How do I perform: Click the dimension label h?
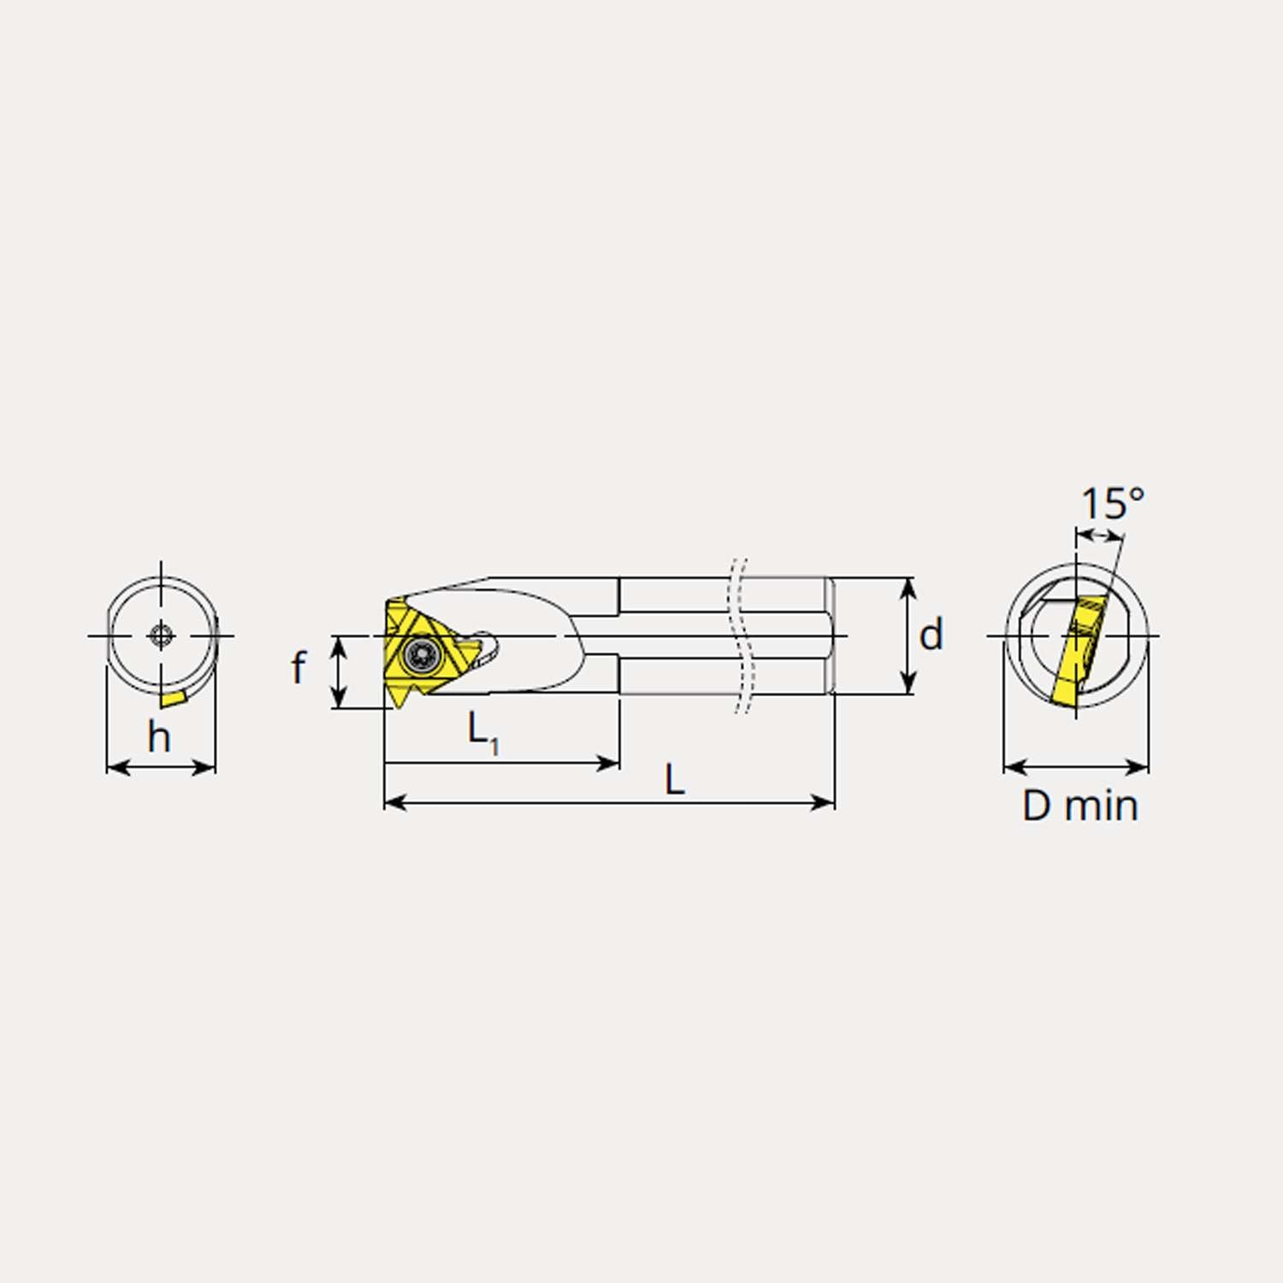coord(159,737)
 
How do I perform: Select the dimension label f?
coord(299,667)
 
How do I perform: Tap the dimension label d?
coord(931,635)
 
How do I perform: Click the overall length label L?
coord(675,780)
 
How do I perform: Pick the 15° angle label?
coord(1112,504)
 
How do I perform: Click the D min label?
coord(1080,806)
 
